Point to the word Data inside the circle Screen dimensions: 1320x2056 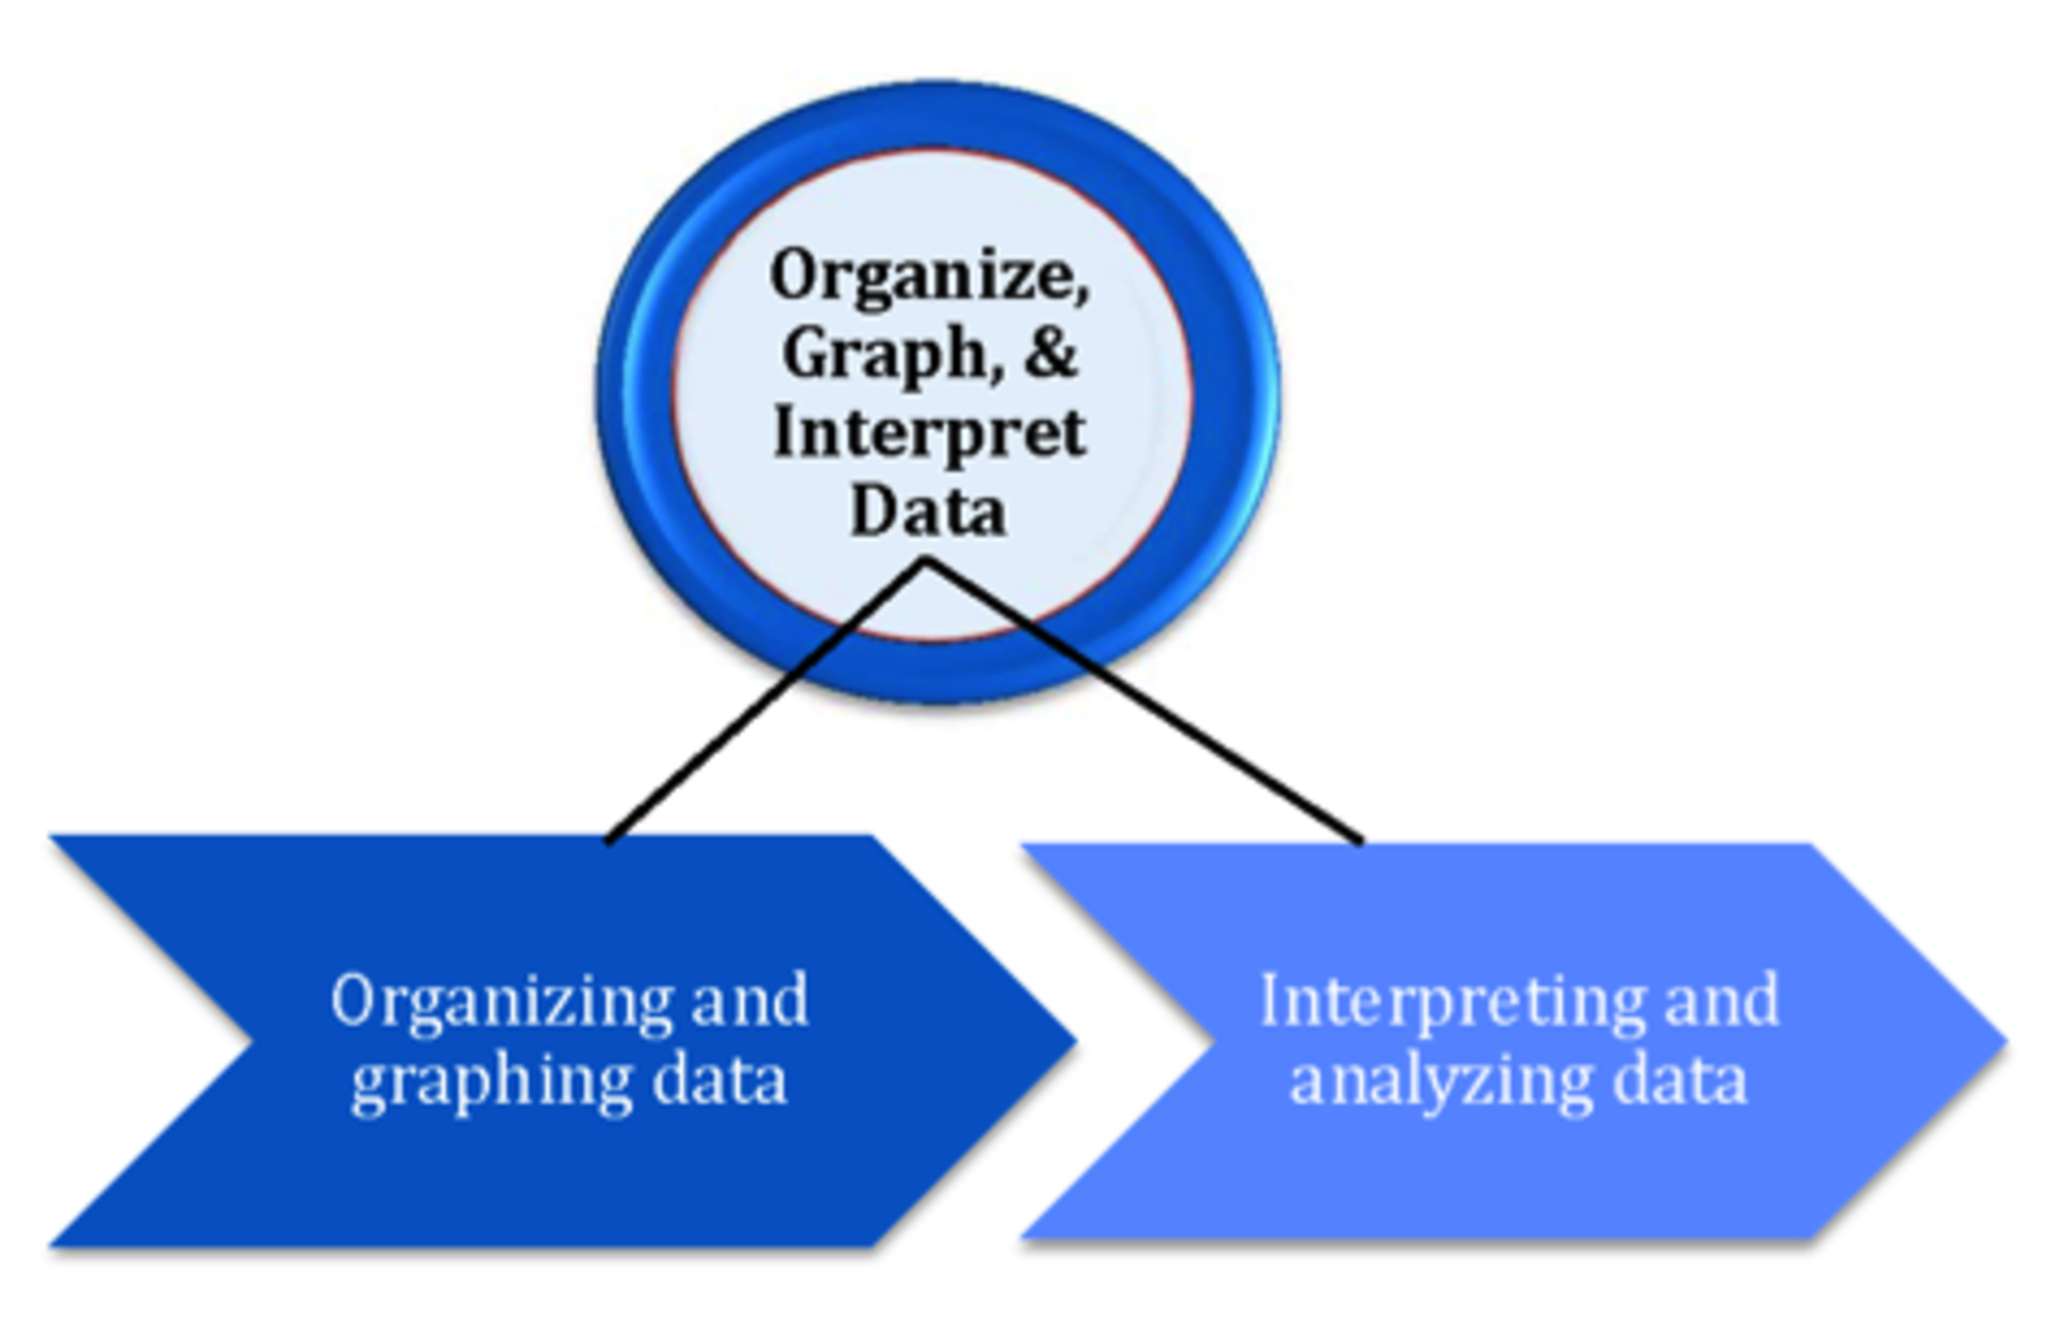click(928, 513)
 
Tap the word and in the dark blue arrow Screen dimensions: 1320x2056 click(750, 1001)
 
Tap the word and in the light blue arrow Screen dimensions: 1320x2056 click(1723, 1001)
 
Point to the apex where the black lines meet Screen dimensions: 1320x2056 click(926, 561)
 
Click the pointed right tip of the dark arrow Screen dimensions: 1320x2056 click(1073, 1042)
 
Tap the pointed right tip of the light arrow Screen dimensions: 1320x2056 click(2004, 1042)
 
